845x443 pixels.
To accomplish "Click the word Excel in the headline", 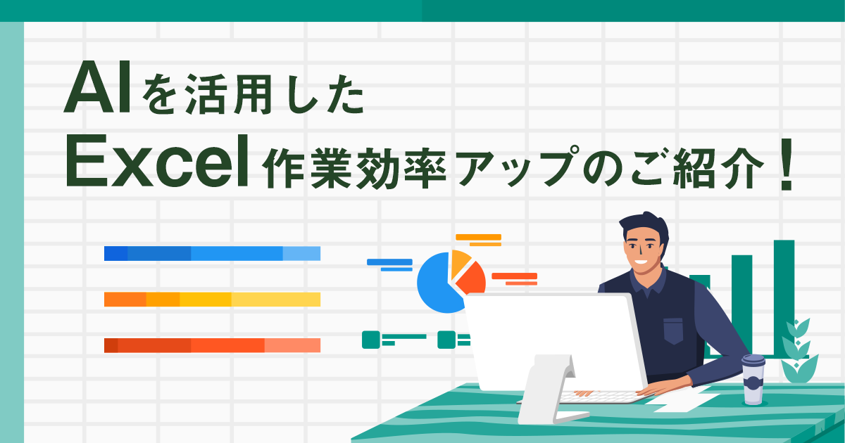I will coord(156,167).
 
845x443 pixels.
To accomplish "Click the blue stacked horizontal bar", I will coord(212,254).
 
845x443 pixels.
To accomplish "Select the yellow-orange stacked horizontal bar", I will coord(212,300).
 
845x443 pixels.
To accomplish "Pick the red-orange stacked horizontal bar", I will coord(212,345).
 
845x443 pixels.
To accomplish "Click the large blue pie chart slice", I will coord(437,288).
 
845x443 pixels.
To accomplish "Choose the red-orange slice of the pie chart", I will coord(473,280).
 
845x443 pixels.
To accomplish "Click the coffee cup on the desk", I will coord(753,379).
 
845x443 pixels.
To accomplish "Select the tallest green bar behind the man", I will coord(784,295).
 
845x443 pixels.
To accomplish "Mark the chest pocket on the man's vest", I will coord(673,330).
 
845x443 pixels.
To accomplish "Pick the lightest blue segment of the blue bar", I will coord(301,254).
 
